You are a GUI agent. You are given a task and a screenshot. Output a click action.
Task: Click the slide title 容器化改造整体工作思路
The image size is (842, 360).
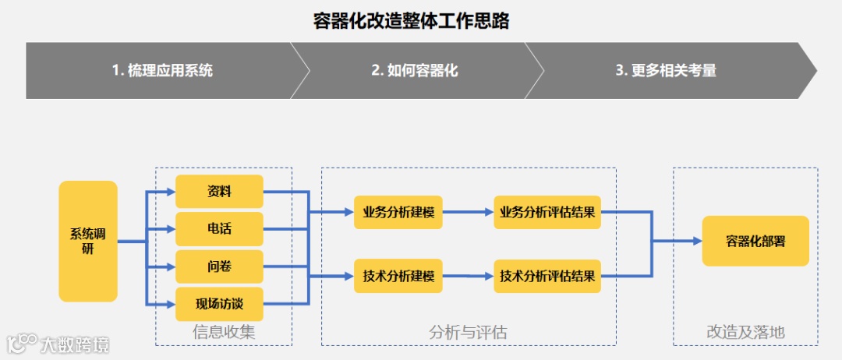pos(411,21)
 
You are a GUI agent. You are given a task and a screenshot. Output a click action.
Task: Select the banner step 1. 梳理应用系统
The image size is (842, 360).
pos(162,70)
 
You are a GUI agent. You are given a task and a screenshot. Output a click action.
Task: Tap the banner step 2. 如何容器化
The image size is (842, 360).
pos(414,70)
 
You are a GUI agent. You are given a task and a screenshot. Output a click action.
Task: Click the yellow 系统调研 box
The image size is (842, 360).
pos(88,242)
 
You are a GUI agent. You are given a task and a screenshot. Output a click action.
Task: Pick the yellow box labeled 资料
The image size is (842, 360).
pos(219,192)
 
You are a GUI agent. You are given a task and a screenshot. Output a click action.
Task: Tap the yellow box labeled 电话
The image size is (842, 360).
pos(219,229)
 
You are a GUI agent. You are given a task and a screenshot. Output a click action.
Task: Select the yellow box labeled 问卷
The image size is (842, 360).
pos(219,266)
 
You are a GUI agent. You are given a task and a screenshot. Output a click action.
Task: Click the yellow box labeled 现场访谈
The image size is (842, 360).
pos(219,304)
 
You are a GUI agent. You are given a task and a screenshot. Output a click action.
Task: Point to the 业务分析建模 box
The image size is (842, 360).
pos(398,212)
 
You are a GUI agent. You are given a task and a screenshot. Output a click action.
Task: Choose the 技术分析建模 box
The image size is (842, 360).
pos(398,276)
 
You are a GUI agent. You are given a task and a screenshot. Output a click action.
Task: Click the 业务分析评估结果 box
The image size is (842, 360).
pos(547,212)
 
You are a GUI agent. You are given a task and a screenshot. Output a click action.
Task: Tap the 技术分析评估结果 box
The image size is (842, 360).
pos(547,276)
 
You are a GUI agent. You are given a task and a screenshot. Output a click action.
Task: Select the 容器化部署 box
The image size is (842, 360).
pos(755,242)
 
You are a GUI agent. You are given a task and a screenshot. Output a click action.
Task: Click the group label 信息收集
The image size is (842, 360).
pos(224,333)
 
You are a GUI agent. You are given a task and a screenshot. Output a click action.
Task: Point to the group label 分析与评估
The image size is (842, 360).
pos(468,333)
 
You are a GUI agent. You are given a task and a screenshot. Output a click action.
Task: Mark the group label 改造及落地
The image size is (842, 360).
pos(745,333)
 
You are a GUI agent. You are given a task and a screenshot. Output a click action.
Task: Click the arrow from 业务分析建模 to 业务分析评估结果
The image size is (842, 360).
pos(468,212)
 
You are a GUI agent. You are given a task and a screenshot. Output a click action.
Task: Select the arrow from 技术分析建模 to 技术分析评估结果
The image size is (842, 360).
pos(468,276)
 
